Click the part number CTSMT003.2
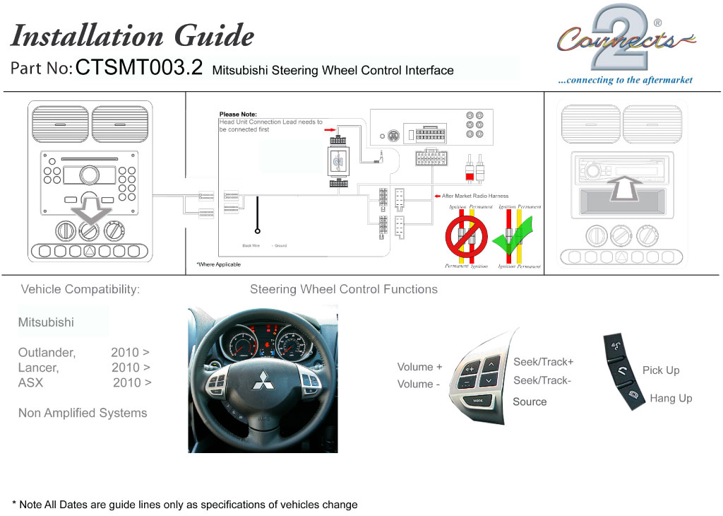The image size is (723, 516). (138, 68)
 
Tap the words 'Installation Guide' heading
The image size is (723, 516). (132, 35)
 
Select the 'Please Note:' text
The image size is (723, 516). (238, 114)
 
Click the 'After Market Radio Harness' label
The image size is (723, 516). (474, 196)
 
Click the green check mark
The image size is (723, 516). (513, 240)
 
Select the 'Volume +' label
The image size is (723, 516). (419, 367)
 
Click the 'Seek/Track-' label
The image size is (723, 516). (542, 380)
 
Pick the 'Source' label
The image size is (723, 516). (530, 401)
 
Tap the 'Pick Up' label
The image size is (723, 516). (661, 370)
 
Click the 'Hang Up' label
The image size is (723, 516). (671, 398)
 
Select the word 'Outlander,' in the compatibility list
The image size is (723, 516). (47, 352)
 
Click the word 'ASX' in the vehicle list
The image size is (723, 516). (30, 382)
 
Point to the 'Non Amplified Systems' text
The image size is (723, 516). (83, 413)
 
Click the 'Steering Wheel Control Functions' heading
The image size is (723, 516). (344, 289)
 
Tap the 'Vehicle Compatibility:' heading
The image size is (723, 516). (80, 289)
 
